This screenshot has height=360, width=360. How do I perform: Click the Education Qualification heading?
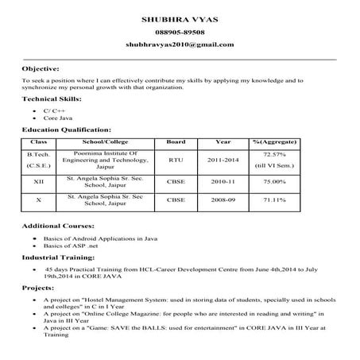(66, 128)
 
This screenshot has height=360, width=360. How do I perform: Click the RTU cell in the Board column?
(176, 159)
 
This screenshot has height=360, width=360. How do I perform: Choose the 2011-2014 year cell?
(223, 159)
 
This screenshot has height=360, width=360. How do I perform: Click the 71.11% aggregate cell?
(274, 199)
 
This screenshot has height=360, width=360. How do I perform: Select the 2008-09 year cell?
(223, 199)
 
